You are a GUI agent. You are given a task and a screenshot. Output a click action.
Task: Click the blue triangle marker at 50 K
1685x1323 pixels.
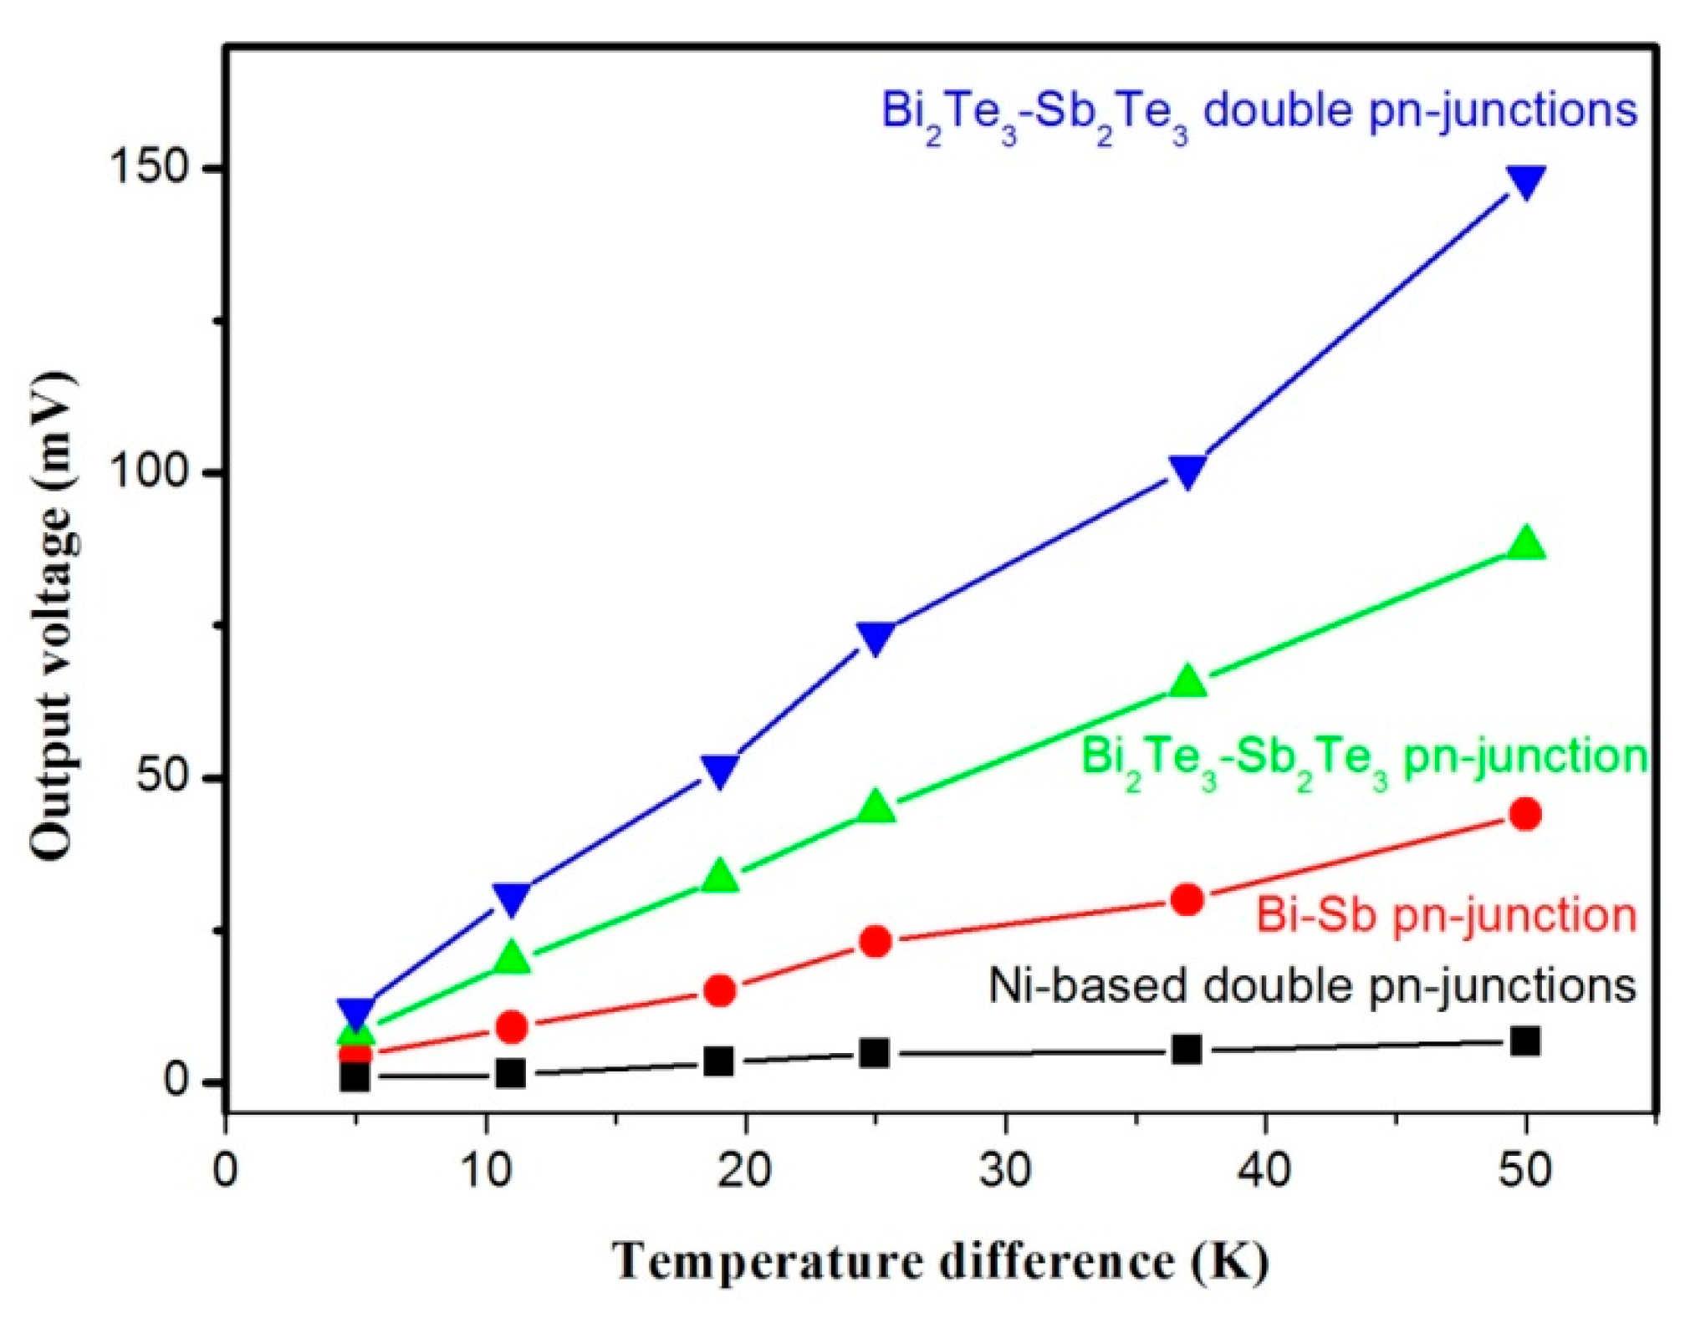(x=1525, y=181)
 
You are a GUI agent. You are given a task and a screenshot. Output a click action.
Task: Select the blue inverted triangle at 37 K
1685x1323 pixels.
(x=1187, y=471)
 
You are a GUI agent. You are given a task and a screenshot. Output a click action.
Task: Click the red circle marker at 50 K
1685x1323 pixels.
(x=1525, y=814)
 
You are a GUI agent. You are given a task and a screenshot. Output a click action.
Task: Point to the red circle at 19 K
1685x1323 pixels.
(x=719, y=991)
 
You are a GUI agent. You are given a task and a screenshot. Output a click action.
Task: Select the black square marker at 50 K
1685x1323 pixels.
(x=1525, y=1041)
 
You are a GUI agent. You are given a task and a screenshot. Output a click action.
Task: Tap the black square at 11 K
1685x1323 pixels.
(x=510, y=1073)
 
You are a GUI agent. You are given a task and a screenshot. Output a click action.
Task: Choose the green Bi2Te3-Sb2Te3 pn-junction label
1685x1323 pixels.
(x=1363, y=759)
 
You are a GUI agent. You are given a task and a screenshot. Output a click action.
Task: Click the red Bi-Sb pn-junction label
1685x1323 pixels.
(x=1446, y=915)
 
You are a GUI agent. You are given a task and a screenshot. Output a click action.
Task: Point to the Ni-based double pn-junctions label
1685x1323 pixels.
(x=1312, y=986)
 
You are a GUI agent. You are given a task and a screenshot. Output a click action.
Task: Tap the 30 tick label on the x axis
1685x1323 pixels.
(x=1004, y=1171)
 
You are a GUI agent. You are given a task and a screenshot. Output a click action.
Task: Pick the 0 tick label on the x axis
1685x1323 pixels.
(x=225, y=1171)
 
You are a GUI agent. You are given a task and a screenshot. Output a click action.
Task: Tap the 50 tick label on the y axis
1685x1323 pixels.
(x=161, y=777)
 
